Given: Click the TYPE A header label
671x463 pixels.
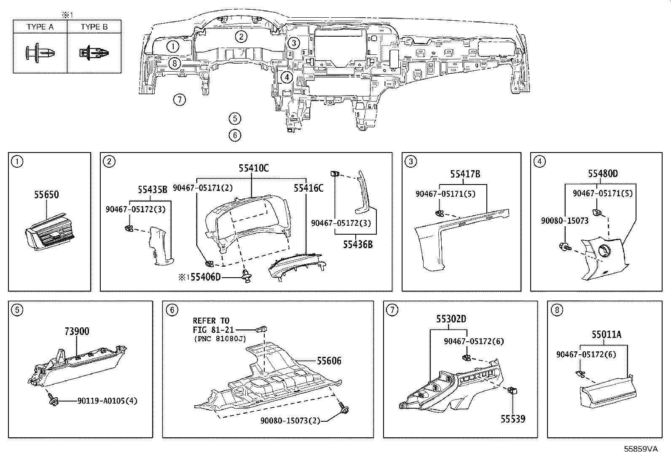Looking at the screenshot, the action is tap(40, 27).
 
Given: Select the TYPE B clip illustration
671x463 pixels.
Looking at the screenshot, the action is tap(94, 53).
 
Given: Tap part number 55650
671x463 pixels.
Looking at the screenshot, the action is tap(46, 195).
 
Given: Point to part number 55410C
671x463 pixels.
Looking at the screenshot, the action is tap(253, 169).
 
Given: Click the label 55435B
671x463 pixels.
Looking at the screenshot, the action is tap(152, 190).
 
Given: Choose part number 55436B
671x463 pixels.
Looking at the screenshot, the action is tap(358, 245).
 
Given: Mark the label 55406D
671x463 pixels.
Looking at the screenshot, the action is tap(206, 277).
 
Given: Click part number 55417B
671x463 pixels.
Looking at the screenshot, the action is tap(465, 174).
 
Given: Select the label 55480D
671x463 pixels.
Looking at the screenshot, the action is tap(603, 174).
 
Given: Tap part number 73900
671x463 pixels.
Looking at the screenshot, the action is tap(77, 331).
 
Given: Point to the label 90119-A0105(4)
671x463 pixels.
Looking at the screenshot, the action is tap(107, 401).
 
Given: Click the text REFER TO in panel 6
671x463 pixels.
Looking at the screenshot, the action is tap(211, 321).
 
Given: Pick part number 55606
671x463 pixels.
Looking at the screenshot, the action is tap(329, 361).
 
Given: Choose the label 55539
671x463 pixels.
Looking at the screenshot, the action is tap(513, 419).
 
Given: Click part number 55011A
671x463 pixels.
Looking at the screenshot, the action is tap(606, 335).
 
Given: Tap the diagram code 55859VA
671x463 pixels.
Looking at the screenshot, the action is tap(641, 449).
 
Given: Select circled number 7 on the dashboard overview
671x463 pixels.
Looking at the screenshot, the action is tap(180, 100).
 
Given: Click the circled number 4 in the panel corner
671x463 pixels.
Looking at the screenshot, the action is tap(539, 162).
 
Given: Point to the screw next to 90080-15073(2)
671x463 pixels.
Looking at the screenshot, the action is tap(344, 408).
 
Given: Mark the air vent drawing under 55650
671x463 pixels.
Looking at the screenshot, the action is tap(49, 233).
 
